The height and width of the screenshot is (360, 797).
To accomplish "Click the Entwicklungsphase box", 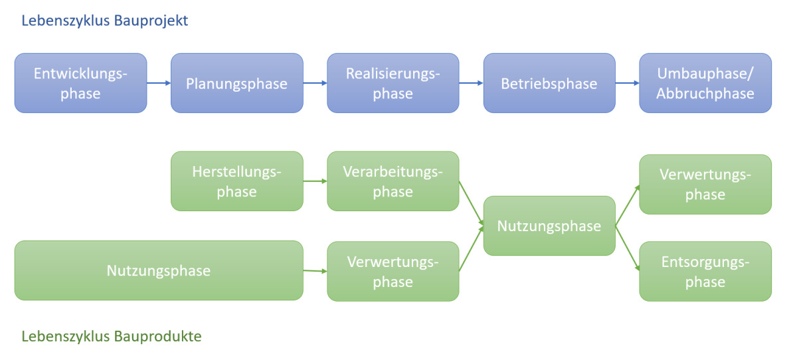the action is tap(81, 83).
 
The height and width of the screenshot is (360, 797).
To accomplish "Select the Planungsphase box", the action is tap(237, 83).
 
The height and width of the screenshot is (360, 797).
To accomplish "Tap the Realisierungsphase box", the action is tap(393, 83).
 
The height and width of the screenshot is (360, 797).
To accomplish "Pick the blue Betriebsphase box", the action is tap(549, 83).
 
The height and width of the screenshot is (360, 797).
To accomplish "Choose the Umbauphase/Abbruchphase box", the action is tap(705, 83).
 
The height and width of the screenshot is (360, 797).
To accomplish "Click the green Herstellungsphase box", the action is tap(237, 181).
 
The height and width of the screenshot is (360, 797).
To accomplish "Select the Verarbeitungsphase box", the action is tap(393, 181).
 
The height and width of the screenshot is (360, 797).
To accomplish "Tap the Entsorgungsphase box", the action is tap(705, 272).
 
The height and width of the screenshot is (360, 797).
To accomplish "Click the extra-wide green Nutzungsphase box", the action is tap(159, 271).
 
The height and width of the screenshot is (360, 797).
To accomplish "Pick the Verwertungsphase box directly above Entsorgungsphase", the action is tap(705, 184).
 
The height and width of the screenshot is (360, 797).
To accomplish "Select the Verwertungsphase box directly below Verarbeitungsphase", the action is tap(393, 272).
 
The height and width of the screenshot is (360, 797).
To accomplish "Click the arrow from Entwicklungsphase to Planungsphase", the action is tap(159, 83).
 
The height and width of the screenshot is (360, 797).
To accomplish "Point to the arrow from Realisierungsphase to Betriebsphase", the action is tap(471, 83).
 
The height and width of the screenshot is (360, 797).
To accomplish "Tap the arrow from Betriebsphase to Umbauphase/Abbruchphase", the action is tap(627, 83).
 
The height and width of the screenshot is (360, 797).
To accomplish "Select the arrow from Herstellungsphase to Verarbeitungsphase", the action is tap(315, 181).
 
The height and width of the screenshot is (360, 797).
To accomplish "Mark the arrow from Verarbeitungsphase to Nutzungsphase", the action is tap(472, 203).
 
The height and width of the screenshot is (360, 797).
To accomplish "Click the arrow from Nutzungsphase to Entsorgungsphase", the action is tap(628, 248).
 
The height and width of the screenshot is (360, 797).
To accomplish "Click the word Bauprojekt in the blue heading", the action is tap(151, 21).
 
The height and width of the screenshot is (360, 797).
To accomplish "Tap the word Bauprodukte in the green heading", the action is tap(158, 336).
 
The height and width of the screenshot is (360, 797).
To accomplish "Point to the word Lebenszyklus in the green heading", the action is tap(66, 337).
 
